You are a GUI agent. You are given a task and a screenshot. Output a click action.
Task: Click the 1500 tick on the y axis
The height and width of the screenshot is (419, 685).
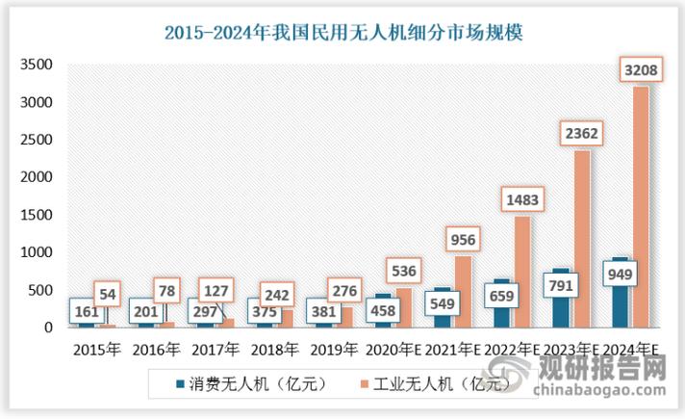click(37, 215)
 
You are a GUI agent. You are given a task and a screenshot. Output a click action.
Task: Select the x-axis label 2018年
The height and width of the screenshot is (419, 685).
click(272, 349)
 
